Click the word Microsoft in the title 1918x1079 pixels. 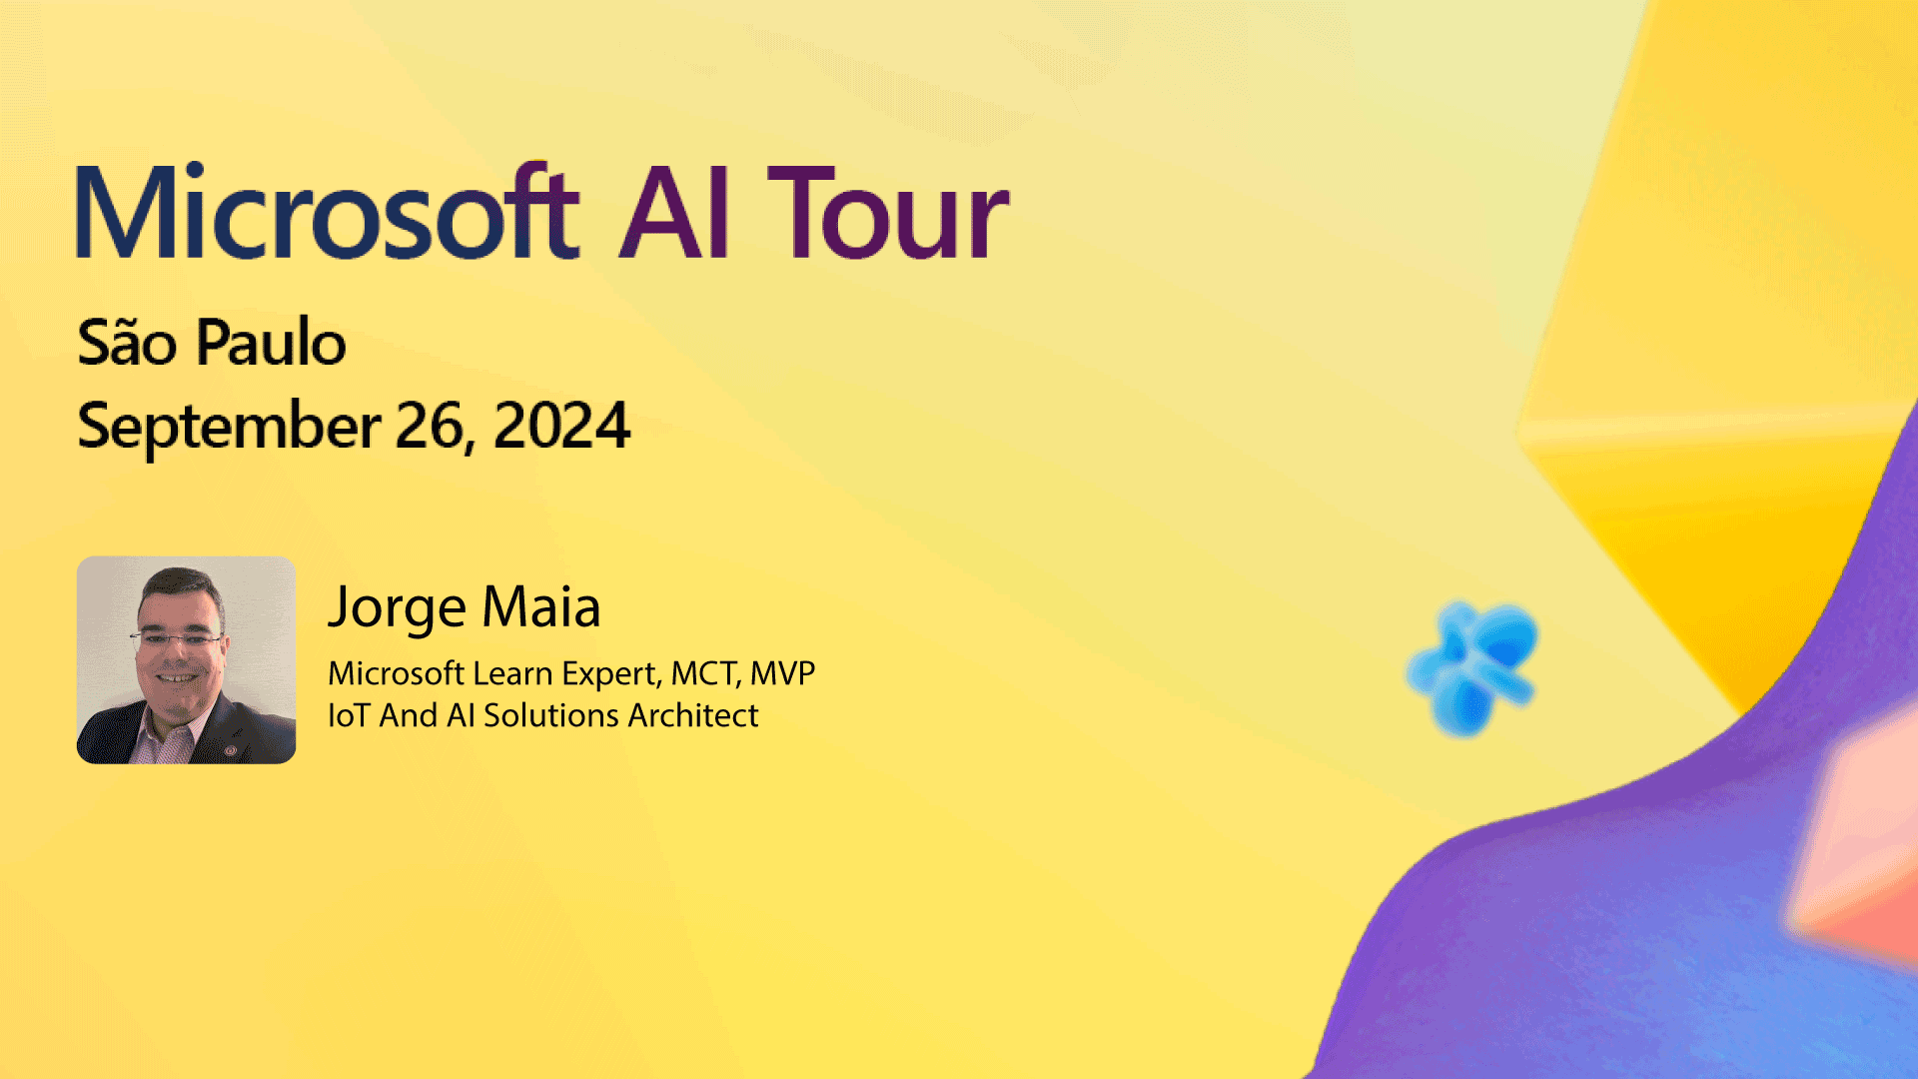(328, 211)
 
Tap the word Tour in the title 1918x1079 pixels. (888, 212)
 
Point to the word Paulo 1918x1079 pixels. (271, 342)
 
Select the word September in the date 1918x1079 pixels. (229, 427)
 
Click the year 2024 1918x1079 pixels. (561, 425)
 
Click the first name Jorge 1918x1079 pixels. (398, 607)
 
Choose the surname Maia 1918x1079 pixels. (541, 605)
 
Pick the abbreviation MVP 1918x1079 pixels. (782, 673)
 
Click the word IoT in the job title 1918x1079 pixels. (349, 715)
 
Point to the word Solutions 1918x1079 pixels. (551, 715)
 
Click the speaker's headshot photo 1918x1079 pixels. (186, 659)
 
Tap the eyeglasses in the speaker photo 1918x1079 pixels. (176, 638)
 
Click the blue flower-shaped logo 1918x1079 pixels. (1472, 668)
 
